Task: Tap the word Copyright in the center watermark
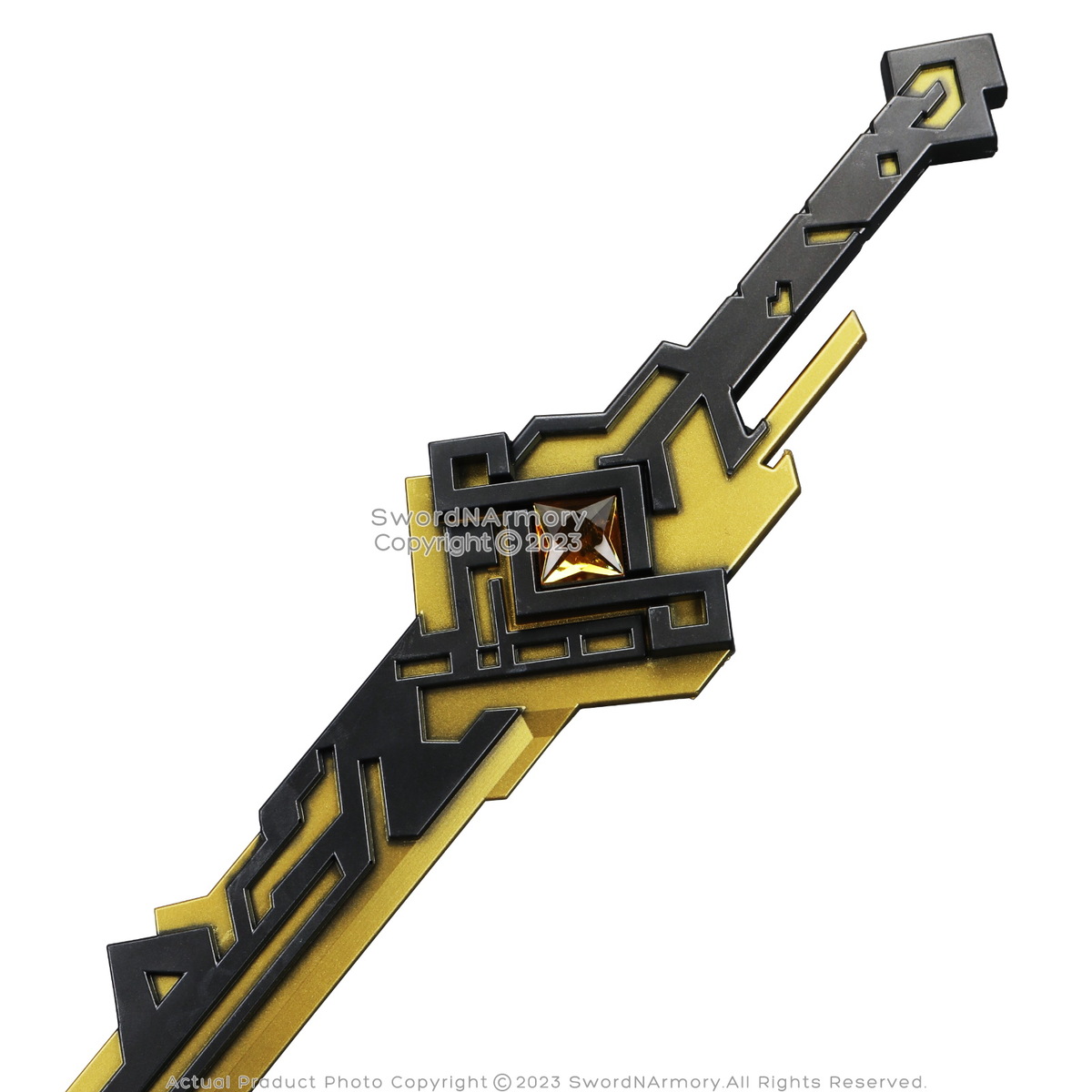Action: point(433,543)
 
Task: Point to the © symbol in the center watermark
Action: point(508,543)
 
